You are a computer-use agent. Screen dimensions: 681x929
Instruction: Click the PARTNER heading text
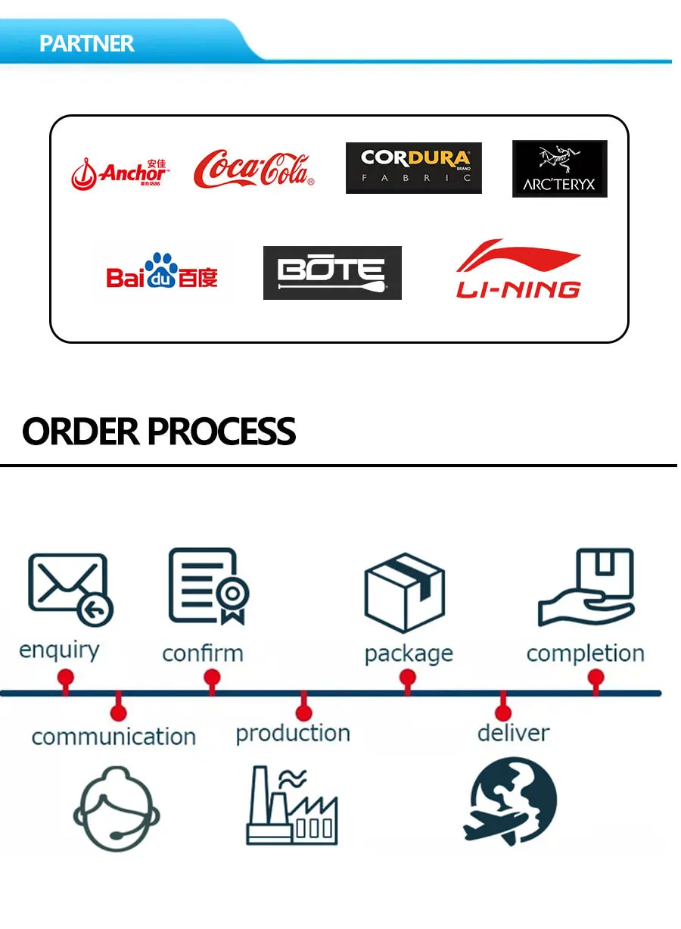point(86,43)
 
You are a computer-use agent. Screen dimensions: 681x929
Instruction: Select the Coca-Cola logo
point(253,169)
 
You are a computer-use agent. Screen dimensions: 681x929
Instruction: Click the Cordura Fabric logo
point(413,168)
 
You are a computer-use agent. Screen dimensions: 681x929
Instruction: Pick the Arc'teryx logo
point(559,169)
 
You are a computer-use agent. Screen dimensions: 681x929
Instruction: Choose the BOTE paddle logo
point(332,273)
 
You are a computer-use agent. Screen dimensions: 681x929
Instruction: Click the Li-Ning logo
point(518,270)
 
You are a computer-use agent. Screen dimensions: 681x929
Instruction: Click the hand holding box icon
point(586,588)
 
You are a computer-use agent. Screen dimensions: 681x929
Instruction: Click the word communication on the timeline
point(113,737)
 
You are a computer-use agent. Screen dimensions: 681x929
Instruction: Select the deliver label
point(513,733)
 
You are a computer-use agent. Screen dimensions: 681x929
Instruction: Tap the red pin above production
point(303,711)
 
